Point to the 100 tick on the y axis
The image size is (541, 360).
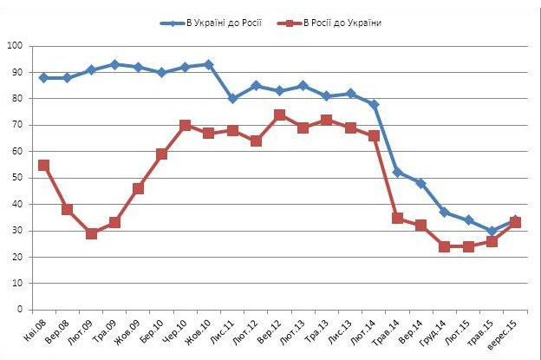pyautogui.click(x=15, y=45)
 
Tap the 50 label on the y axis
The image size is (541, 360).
pyautogui.click(x=17, y=178)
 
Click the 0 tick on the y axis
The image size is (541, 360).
pyautogui.click(x=20, y=310)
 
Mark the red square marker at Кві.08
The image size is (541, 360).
pyautogui.click(x=43, y=165)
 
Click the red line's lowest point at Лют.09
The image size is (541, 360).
pyautogui.click(x=91, y=233)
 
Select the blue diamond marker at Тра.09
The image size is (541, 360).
pyautogui.click(x=114, y=64)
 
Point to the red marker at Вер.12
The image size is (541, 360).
pyautogui.click(x=280, y=115)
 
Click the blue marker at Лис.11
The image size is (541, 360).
pyautogui.click(x=232, y=99)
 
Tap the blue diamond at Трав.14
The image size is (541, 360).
pyautogui.click(x=398, y=172)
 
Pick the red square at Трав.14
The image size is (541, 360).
pyautogui.click(x=398, y=218)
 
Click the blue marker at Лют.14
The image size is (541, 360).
pyautogui.click(x=375, y=104)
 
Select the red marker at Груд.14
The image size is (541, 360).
pyautogui.click(x=445, y=246)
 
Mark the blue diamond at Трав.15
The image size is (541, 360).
pyautogui.click(x=492, y=231)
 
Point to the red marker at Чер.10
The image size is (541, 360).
pyautogui.click(x=186, y=125)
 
